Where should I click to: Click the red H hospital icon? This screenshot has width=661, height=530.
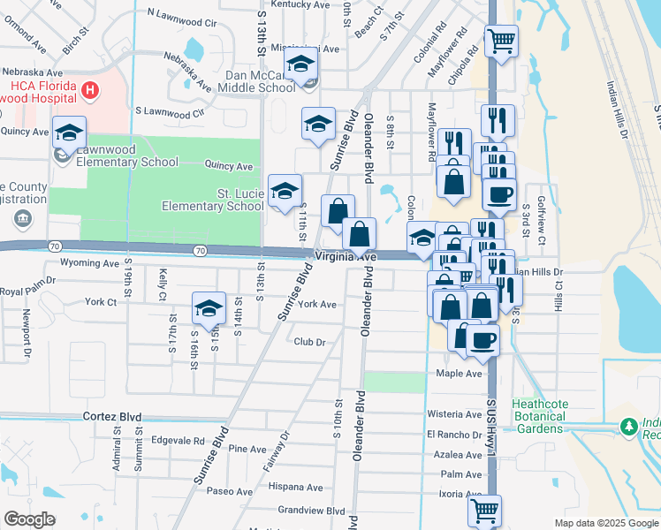coord(89,90)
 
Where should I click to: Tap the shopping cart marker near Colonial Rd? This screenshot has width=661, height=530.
coord(501,41)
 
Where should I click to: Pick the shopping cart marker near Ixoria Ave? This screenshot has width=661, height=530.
coord(484,510)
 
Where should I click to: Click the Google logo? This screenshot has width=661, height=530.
coord(30,519)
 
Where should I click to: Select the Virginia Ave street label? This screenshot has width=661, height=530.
coord(346,256)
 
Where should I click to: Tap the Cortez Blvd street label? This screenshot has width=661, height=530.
coord(112,416)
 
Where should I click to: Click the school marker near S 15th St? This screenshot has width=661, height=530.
coord(209,309)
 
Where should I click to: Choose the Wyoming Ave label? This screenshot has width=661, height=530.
coord(89,263)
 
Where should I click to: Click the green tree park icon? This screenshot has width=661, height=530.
coord(628,426)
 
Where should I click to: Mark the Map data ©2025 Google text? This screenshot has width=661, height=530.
coord(605,523)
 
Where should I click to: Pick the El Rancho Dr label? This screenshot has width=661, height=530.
coord(453,434)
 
